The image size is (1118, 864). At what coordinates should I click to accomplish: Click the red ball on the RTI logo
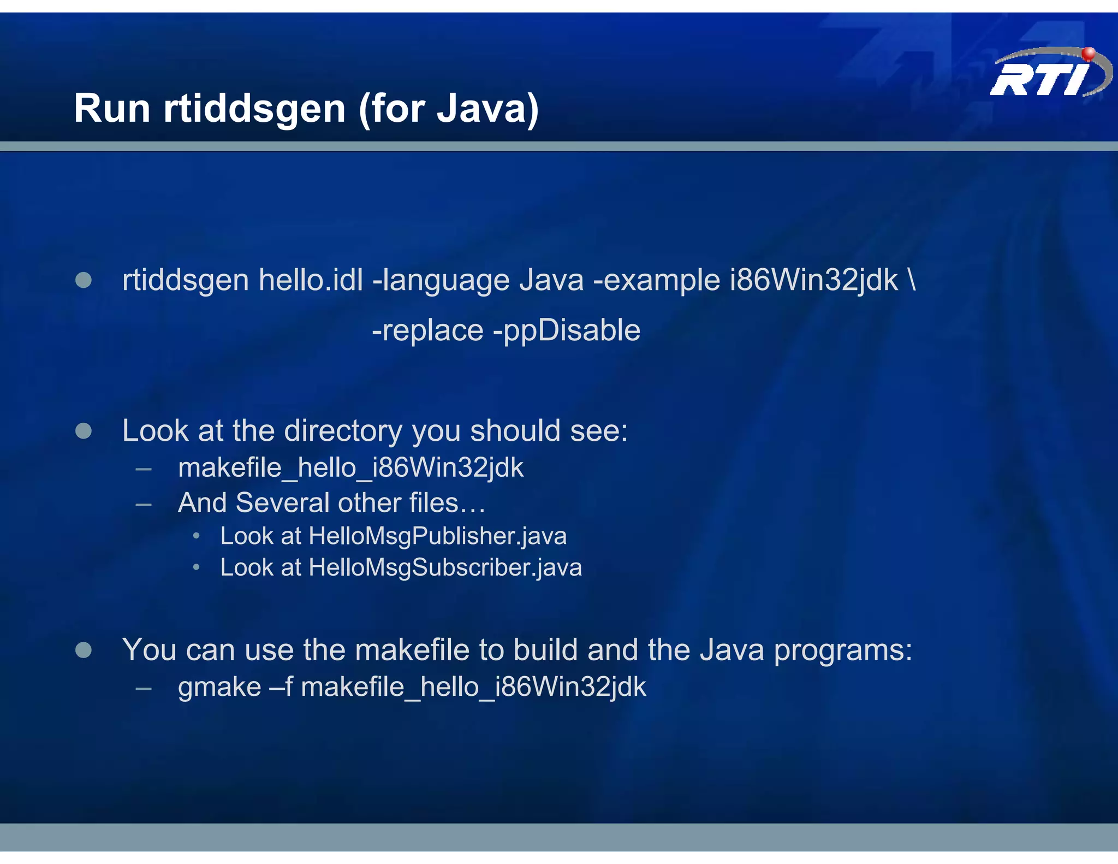point(1088,54)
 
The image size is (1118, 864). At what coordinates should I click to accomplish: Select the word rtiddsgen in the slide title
point(254,108)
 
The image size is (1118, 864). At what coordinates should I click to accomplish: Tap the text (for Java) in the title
point(449,109)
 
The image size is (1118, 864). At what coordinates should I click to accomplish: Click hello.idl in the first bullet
point(311,280)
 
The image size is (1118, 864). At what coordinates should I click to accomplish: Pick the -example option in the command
point(657,281)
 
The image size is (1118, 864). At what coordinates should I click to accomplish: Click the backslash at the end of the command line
point(912,281)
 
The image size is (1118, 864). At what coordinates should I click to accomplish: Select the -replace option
point(427,330)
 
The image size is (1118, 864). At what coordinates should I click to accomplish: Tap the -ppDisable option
point(567,331)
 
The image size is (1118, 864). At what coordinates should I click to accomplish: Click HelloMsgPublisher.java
point(437,536)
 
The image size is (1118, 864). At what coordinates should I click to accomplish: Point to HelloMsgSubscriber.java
point(445,567)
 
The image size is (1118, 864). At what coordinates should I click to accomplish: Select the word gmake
point(219,687)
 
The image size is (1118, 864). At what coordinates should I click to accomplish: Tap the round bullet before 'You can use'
point(84,650)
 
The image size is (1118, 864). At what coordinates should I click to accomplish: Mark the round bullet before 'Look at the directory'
point(84,431)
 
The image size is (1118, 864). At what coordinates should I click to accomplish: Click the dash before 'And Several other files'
point(144,504)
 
